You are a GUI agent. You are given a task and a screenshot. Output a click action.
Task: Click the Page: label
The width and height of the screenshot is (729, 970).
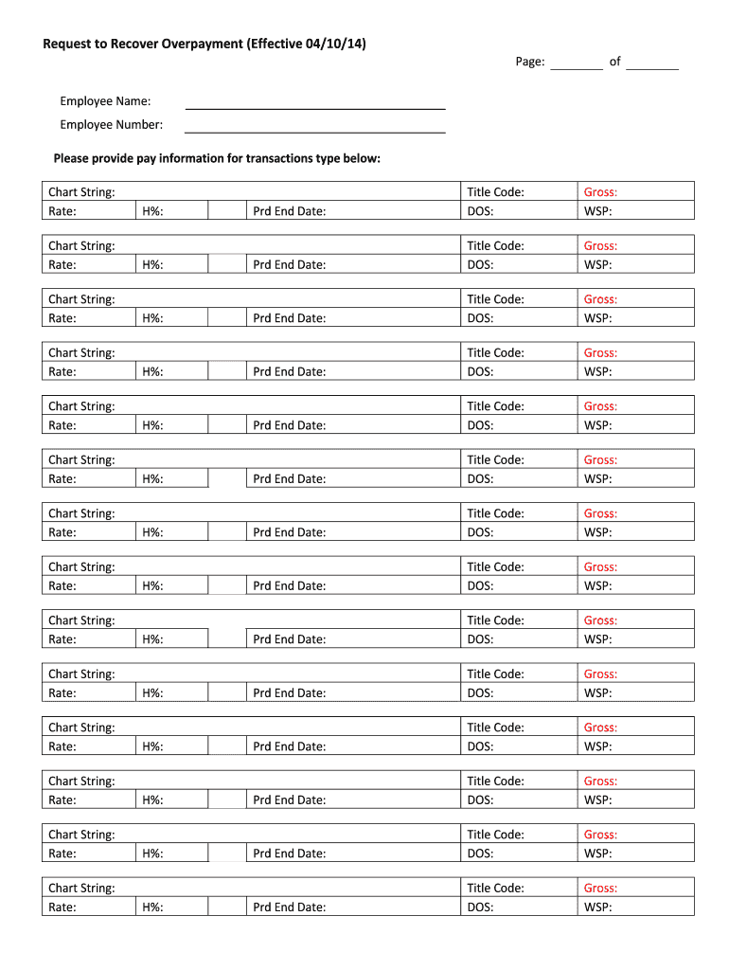click(x=530, y=62)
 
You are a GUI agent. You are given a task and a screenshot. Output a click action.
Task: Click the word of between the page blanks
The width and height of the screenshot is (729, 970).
click(x=614, y=62)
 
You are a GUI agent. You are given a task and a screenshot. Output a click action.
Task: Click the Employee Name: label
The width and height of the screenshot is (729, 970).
click(x=105, y=101)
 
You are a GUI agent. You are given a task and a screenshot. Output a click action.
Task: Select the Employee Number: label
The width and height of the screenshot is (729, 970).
click(x=111, y=124)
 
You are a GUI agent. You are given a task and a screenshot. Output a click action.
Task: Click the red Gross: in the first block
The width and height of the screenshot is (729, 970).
click(x=600, y=192)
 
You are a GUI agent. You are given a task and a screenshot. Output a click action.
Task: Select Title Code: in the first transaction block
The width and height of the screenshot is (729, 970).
click(x=495, y=192)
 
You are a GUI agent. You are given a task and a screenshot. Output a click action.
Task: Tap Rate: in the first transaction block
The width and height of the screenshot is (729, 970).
click(x=62, y=211)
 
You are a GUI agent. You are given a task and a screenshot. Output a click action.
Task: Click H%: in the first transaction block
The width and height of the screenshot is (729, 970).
click(x=152, y=211)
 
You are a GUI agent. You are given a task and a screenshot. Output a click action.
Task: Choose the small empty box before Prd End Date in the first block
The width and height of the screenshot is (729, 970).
click(x=227, y=211)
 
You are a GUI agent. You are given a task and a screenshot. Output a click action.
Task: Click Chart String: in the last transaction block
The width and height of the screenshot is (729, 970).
click(x=81, y=889)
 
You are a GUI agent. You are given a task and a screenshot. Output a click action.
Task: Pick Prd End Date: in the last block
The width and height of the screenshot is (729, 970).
click(x=289, y=907)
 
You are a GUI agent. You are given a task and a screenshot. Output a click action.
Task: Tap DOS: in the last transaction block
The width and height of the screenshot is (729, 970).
click(x=480, y=907)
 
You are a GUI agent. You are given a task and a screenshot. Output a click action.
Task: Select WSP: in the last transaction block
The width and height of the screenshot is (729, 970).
click(x=597, y=907)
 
